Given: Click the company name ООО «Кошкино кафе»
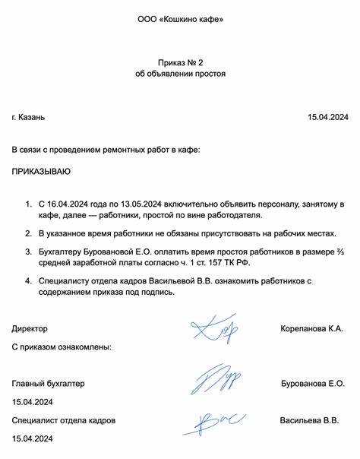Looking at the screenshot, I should click(x=180, y=18).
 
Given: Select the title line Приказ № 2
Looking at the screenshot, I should click(x=180, y=60).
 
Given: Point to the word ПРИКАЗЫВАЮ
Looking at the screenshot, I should click(x=41, y=173).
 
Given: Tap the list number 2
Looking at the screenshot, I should click(x=28, y=233).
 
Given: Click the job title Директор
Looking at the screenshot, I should click(x=30, y=329).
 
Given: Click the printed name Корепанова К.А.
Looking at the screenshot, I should click(x=312, y=329).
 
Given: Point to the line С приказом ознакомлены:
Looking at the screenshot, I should click(x=62, y=347).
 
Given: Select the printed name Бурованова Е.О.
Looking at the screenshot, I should click(x=312, y=384).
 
